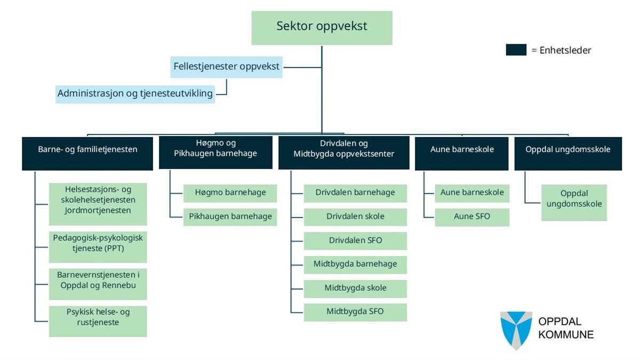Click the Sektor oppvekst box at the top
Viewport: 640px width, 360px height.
pyautogui.click(x=322, y=27)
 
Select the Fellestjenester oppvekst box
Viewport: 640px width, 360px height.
pyautogui.click(x=226, y=67)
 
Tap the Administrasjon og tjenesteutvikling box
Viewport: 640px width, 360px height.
pyautogui.click(x=135, y=93)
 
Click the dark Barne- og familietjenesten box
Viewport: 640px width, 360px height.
pyautogui.click(x=87, y=154)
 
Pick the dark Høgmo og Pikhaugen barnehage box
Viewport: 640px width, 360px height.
pyautogui.click(x=215, y=154)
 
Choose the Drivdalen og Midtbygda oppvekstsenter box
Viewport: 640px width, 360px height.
pyautogui.click(x=344, y=154)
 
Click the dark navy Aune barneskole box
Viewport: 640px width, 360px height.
pyautogui.click(x=462, y=154)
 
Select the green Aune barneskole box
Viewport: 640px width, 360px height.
pyautogui.click(x=472, y=193)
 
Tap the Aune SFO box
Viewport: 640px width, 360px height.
pyautogui.click(x=472, y=217)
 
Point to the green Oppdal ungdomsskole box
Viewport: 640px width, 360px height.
pyautogui.click(x=574, y=203)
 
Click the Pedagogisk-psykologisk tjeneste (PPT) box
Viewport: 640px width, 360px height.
pyautogui.click(x=98, y=247)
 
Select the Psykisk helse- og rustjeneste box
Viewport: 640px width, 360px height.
pyautogui.click(x=98, y=321)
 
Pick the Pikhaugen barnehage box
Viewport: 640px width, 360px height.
pyautogui.click(x=230, y=217)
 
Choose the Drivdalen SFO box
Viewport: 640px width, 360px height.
pyautogui.click(x=355, y=241)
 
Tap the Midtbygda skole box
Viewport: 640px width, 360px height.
pyautogui.click(x=355, y=289)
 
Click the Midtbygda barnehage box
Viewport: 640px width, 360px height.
pyautogui.click(x=355, y=265)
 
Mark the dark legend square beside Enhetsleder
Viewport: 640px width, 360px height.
pyautogui.click(x=516, y=50)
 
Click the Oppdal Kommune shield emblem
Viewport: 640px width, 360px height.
pyautogui.click(x=516, y=330)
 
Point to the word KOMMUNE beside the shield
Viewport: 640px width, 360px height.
pyautogui.click(x=566, y=335)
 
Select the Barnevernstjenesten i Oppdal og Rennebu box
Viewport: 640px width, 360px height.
pyautogui.click(x=98, y=284)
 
